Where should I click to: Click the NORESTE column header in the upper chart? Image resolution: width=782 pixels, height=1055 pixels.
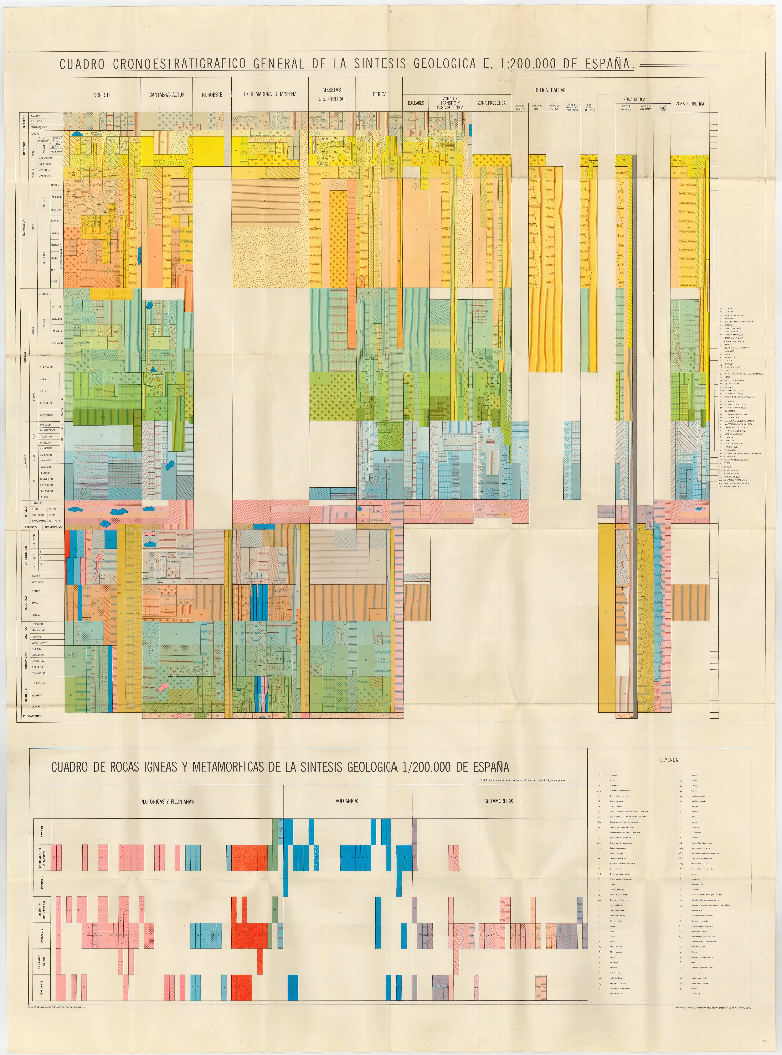[x=102, y=95]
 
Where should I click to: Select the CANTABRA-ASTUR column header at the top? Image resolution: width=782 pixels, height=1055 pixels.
[x=167, y=95]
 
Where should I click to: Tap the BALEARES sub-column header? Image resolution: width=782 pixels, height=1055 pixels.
[x=416, y=103]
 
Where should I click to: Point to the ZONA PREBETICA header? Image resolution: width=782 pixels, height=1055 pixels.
[x=491, y=103]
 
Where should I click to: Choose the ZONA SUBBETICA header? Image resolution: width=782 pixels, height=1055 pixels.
[x=690, y=104]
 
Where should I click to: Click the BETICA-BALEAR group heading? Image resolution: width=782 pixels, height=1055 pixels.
[x=550, y=90]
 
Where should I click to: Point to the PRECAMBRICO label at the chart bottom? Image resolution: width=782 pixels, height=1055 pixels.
[x=32, y=716]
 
